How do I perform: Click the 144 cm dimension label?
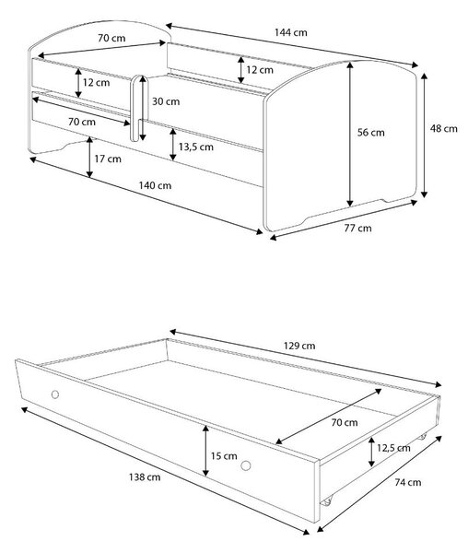coord(291,32)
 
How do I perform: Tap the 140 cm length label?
coord(155,185)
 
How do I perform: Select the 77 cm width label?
coord(357,229)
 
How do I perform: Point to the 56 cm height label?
coord(370,133)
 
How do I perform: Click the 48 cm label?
coord(444,128)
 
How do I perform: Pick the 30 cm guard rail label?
coord(166,101)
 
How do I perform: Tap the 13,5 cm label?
coord(196,147)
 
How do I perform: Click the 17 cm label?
coord(108,159)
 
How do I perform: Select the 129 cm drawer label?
coord(299,346)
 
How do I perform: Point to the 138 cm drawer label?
coord(145,477)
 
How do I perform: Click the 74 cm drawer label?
coord(408,482)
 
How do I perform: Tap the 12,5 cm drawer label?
coord(393,448)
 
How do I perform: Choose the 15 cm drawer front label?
coord(224,456)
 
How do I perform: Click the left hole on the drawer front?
coord(55,394)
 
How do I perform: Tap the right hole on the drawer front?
coord(246,465)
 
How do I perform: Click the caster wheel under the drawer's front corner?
coord(327,500)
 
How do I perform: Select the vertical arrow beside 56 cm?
coord(349,135)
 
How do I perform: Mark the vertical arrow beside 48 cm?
coord(425,135)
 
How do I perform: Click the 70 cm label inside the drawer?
coord(345,422)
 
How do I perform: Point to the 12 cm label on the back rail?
coord(260,70)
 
